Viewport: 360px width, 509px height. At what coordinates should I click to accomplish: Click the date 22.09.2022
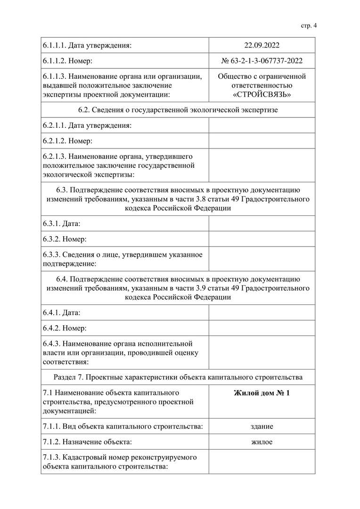pos(262,46)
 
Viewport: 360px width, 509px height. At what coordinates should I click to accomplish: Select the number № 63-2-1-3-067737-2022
pos(262,61)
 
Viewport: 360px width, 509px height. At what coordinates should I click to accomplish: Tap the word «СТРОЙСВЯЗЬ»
pos(262,95)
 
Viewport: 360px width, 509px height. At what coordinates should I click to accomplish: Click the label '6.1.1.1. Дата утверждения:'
pos(87,46)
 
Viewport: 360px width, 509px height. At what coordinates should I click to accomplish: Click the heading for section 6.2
pos(178,110)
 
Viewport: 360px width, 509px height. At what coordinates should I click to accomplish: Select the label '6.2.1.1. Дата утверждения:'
pos(87,125)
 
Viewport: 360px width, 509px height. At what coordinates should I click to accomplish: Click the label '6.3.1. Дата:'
pos(61,223)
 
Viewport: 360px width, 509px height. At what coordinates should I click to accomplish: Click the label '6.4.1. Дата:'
pos(61,312)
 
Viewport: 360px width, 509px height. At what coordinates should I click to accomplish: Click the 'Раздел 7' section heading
pos(178,377)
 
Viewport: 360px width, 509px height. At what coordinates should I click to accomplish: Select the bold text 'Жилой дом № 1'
pos(262,393)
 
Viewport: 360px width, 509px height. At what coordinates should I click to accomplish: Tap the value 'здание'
pos(262,427)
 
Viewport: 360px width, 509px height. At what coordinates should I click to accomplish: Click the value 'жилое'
pos(262,442)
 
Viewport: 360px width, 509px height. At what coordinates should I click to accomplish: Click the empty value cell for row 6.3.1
pos(262,223)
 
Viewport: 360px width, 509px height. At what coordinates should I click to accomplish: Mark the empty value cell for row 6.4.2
pos(262,328)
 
